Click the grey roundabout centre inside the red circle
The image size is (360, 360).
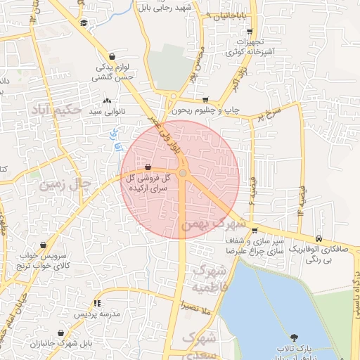183,173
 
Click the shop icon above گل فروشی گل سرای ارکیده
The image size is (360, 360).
148,167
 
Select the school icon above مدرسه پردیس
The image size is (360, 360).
98,302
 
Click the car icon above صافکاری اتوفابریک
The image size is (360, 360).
320,238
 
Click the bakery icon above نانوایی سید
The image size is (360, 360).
107,101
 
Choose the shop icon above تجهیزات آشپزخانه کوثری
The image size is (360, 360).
250,32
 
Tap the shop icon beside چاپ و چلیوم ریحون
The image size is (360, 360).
205,100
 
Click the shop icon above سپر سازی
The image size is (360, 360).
254,231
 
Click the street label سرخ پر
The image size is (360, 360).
269,112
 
